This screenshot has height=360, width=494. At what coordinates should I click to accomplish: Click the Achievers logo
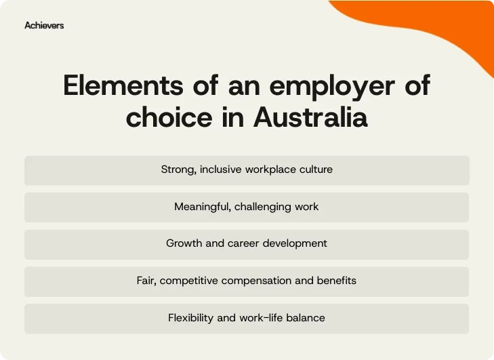tap(44, 25)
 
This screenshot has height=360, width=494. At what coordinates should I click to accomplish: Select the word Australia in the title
tap(310, 117)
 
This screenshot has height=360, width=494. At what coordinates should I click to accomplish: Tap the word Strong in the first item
tap(178, 169)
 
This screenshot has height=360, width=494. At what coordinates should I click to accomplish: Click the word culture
tap(316, 169)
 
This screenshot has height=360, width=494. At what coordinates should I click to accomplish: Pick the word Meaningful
tap(203, 206)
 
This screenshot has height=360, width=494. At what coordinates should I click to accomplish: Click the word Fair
tap(146, 280)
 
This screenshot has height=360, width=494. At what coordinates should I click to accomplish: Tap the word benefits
tap(336, 280)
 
